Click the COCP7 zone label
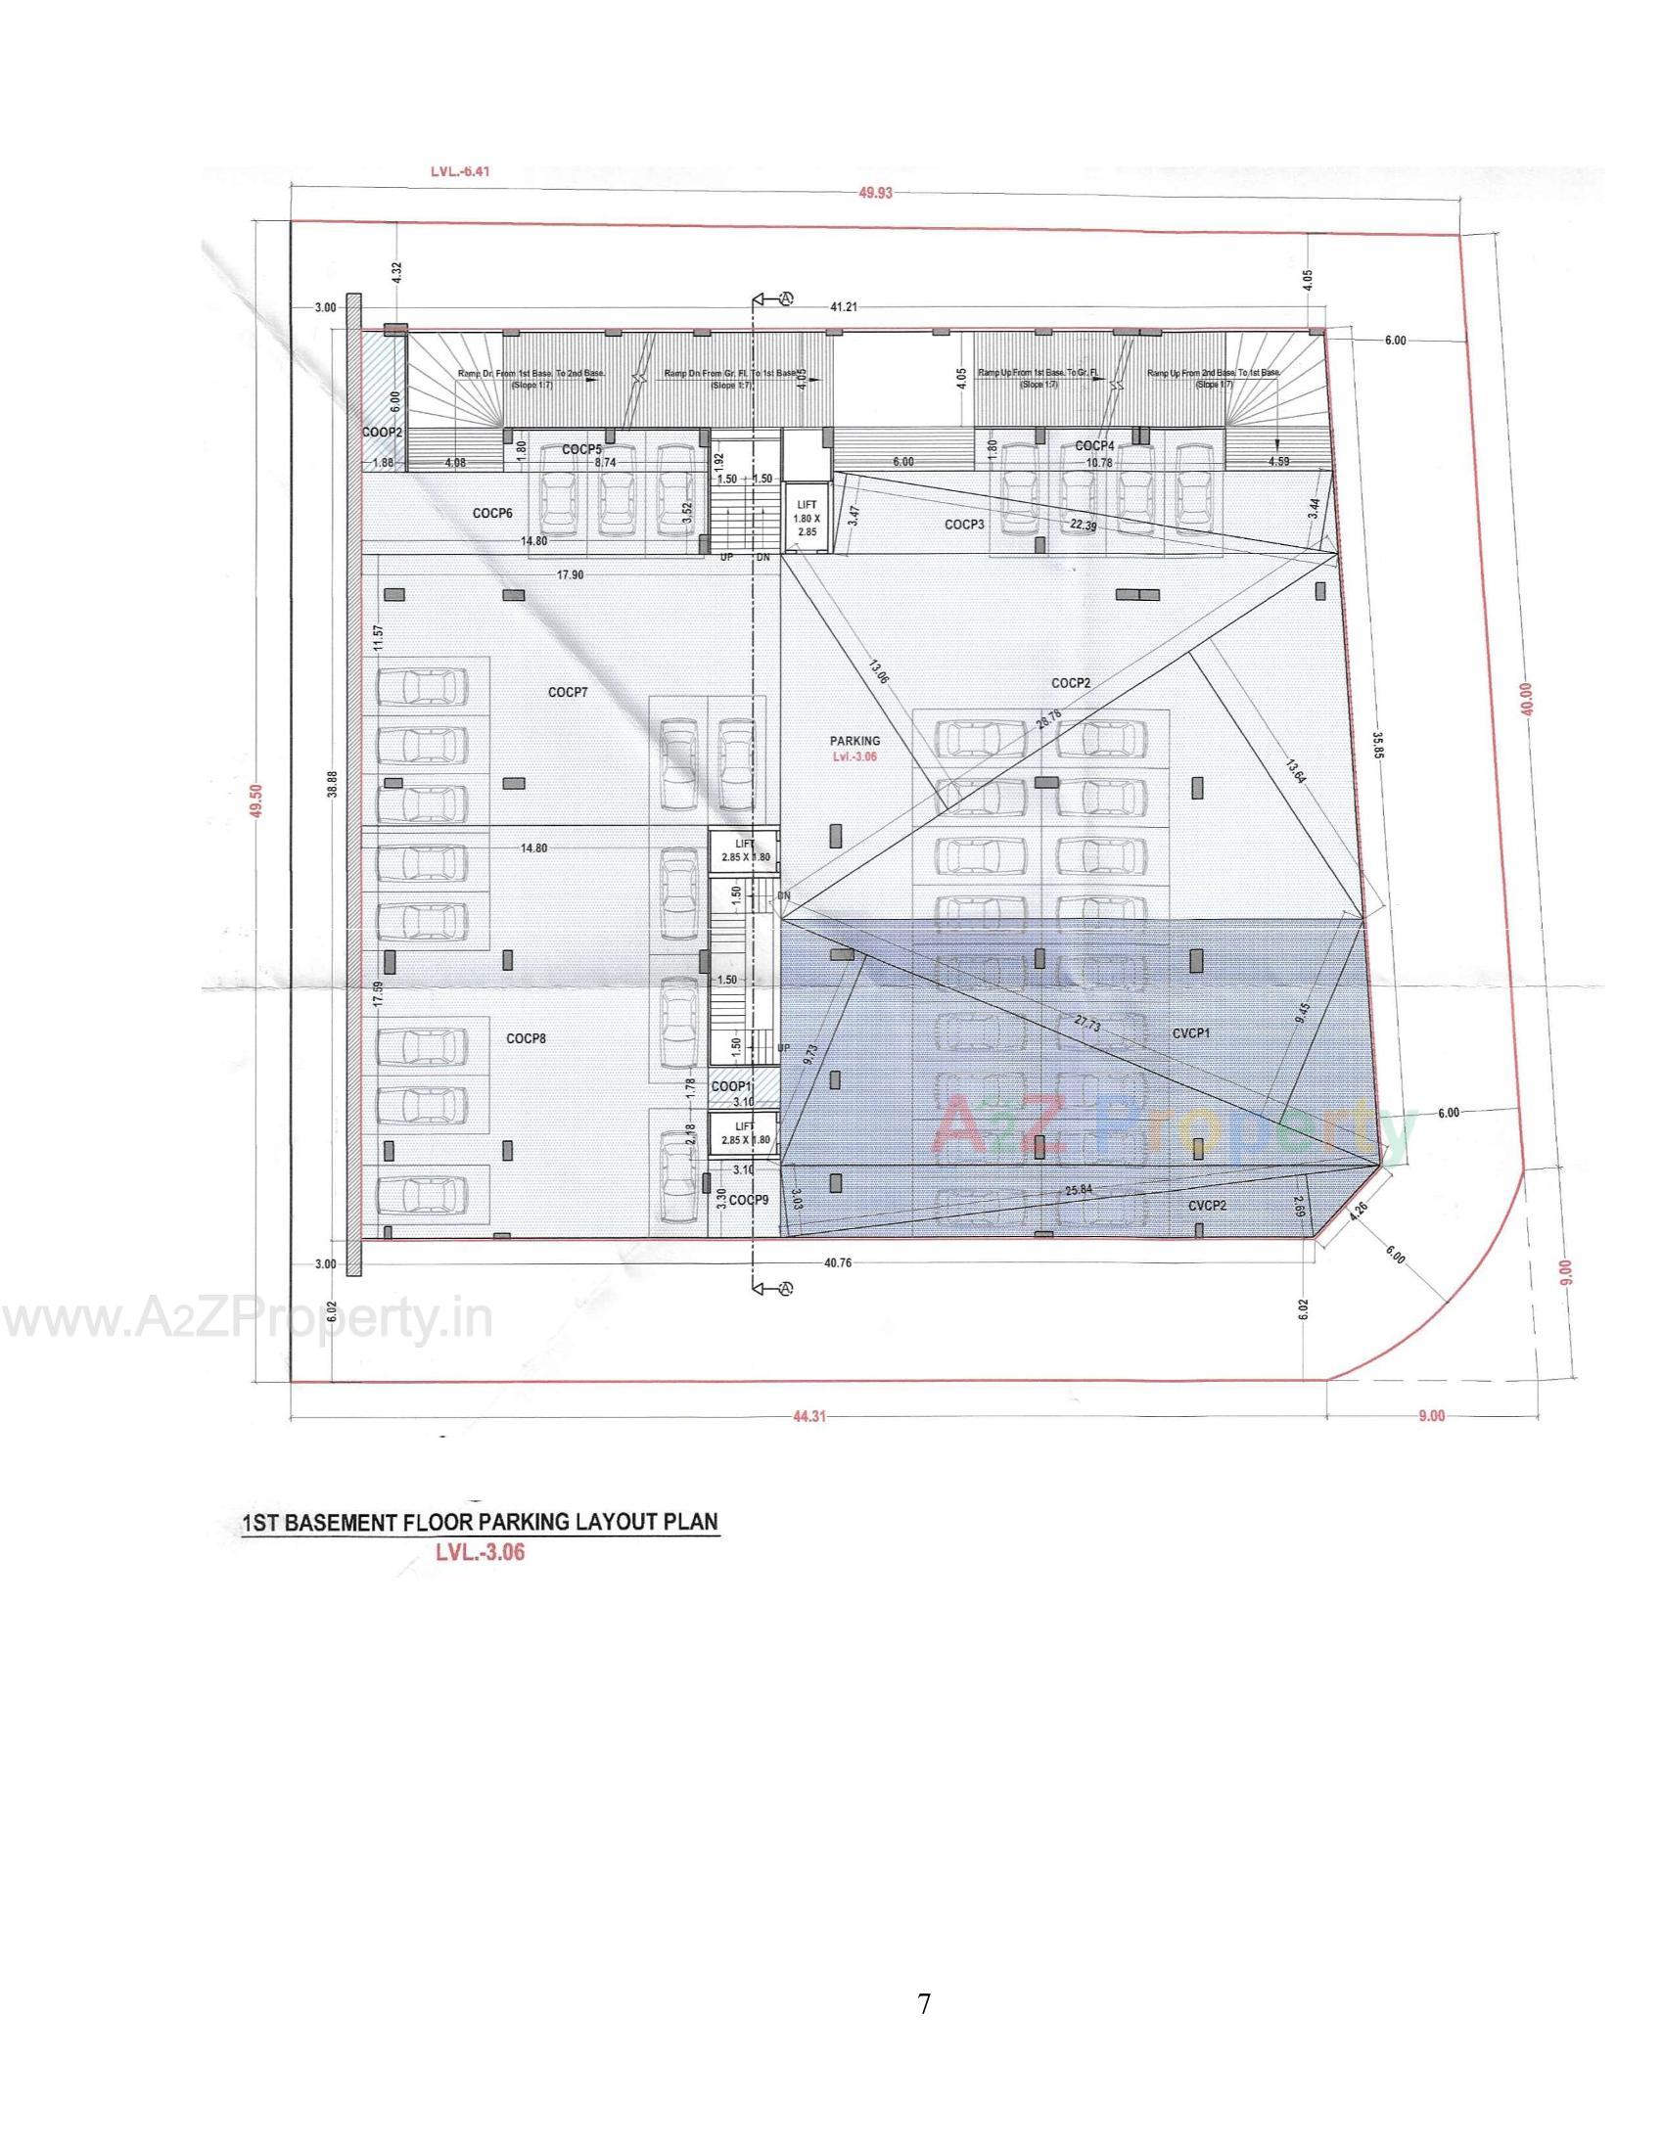point(568,692)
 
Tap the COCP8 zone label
point(527,1038)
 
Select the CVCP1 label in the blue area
point(1191,1033)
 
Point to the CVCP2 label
point(1207,1206)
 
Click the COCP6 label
point(492,513)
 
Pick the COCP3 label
point(964,525)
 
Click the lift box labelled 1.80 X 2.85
point(807,518)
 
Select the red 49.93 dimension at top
point(874,193)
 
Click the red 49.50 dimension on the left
point(257,800)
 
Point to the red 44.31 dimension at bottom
point(808,1416)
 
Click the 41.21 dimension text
point(843,307)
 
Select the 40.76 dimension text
point(837,1262)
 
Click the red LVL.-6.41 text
point(460,170)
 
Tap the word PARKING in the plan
point(855,741)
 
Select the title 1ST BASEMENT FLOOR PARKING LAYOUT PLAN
point(481,1521)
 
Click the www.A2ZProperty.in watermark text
point(247,1320)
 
